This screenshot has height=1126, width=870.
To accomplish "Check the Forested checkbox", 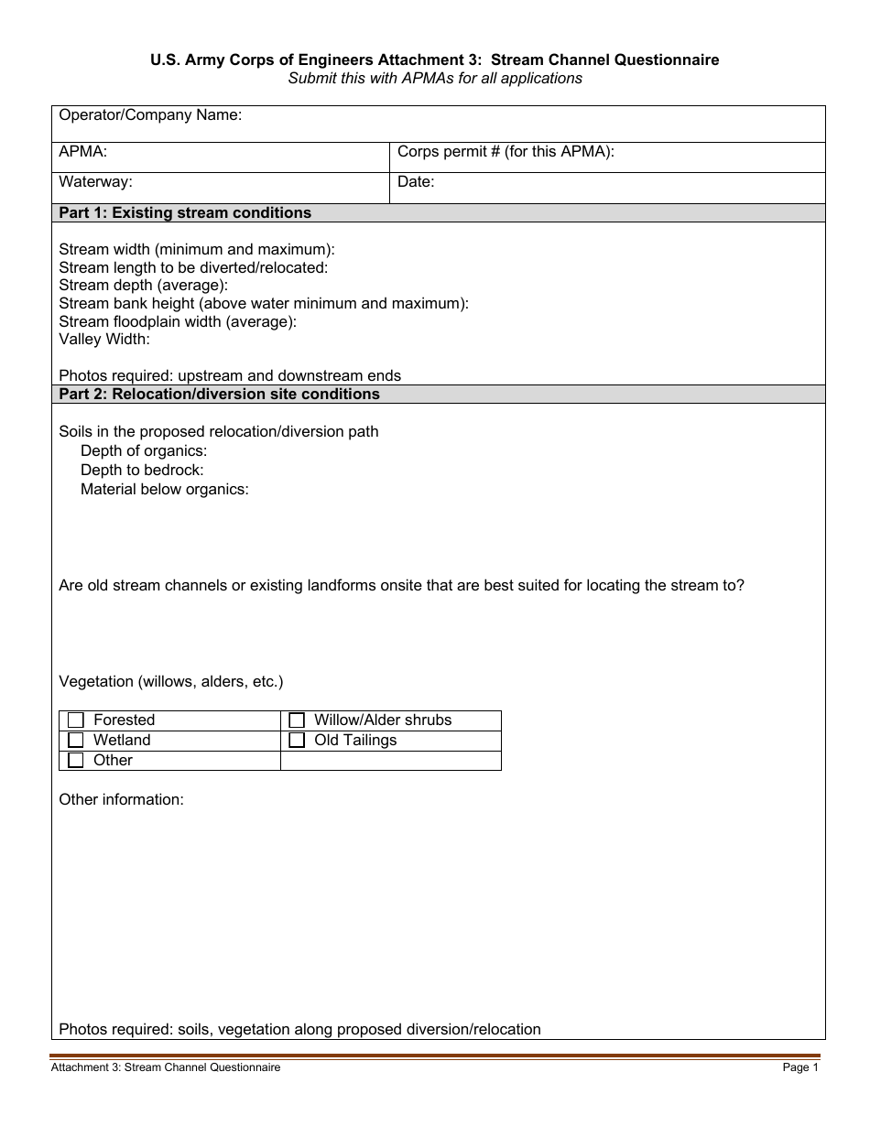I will (76, 720).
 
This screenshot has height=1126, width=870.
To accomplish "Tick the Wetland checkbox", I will (76, 741).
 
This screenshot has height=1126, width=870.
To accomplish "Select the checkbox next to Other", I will (76, 761).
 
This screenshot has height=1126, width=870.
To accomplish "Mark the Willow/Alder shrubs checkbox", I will (297, 720).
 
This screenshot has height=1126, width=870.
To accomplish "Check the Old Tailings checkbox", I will (297, 741).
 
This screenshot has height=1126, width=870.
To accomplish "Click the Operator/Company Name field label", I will (150, 115).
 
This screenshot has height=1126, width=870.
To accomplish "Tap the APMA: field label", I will (83, 152).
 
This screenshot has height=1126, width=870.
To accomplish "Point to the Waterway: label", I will (95, 182).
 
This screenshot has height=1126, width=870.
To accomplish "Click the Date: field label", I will (416, 182).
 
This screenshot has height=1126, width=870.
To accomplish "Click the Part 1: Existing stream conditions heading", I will (185, 213).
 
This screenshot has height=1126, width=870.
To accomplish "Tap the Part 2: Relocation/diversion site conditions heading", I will (219, 395).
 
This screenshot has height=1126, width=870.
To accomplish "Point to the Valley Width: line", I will (104, 340).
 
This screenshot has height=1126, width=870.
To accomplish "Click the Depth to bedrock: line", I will (142, 471).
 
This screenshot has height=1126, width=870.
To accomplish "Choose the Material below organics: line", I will (165, 490).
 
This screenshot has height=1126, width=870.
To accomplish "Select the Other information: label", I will (121, 800).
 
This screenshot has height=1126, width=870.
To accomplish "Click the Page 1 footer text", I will (800, 1067).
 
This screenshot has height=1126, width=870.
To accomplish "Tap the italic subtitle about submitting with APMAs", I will (435, 79).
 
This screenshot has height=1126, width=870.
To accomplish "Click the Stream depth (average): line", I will (143, 286).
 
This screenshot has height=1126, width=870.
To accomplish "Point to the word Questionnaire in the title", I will (667, 60).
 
